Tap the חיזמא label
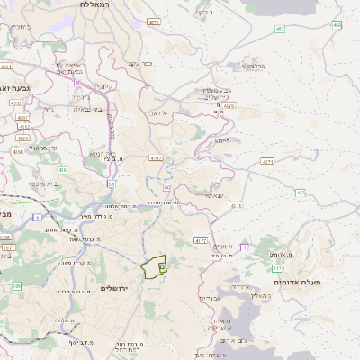point(222,141)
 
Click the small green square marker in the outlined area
point(161,265)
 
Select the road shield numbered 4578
point(155,22)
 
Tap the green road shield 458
point(337,25)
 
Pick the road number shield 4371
point(268,162)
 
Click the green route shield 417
point(276,267)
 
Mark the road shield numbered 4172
point(200,240)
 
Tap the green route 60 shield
point(167,187)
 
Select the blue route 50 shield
point(111,183)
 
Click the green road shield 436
point(62,169)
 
